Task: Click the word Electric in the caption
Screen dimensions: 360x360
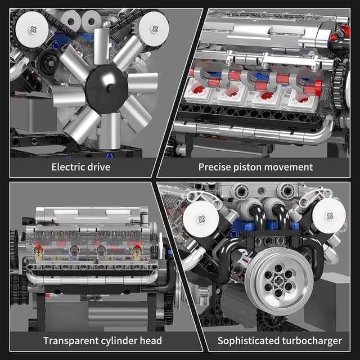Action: click(x=66, y=166)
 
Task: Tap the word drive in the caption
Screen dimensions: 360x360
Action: click(x=97, y=166)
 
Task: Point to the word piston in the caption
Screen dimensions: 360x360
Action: click(x=248, y=166)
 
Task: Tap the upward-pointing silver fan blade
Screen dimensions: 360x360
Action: click(x=102, y=45)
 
